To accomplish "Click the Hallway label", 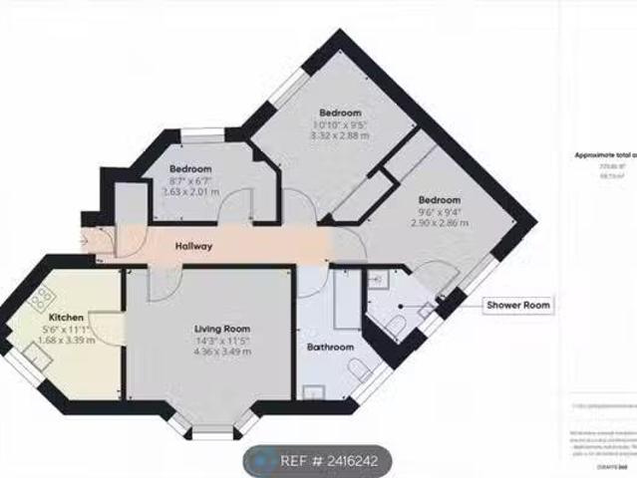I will click(192, 247).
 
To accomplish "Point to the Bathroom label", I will click(329, 348).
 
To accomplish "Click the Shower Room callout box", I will click(517, 305).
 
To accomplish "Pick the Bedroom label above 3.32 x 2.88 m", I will click(340, 112).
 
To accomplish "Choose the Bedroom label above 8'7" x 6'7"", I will click(189, 168).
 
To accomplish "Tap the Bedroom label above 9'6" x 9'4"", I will click(439, 200).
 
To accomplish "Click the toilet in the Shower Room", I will click(399, 326).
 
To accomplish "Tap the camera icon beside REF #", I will click(262, 461).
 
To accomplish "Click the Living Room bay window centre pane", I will click(210, 429).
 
